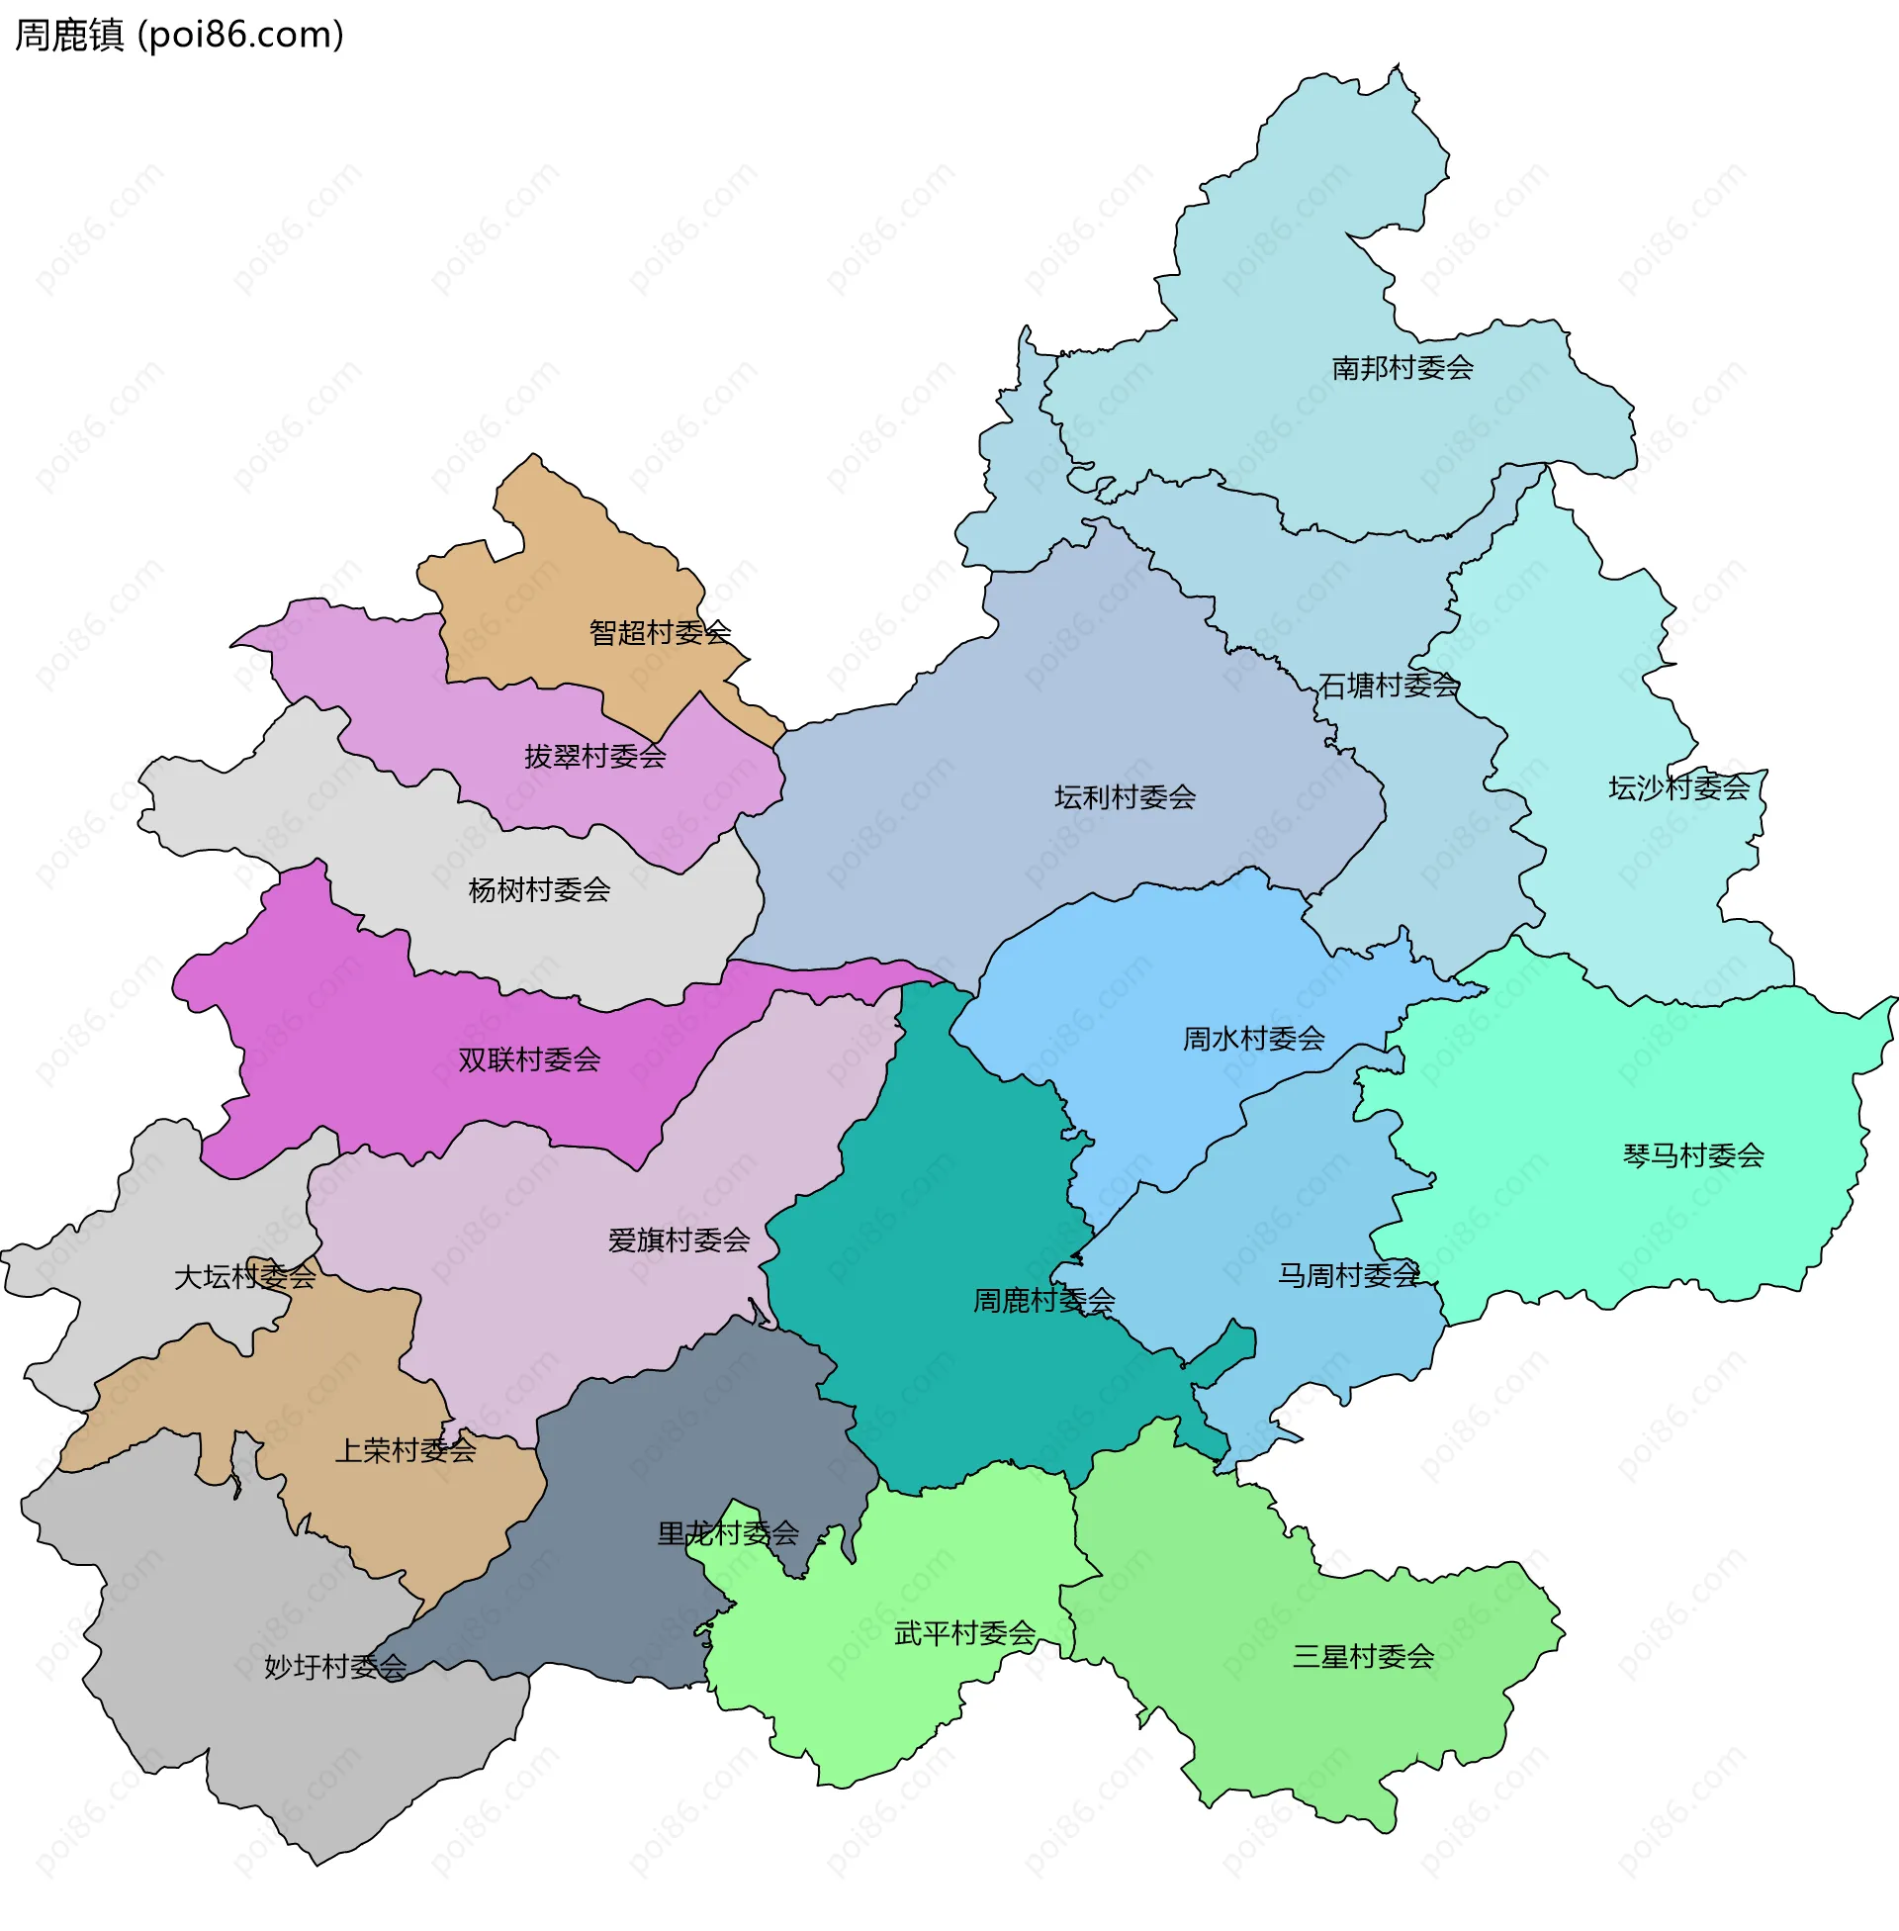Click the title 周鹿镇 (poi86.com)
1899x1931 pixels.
pos(180,36)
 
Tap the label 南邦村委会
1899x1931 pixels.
pos(1402,368)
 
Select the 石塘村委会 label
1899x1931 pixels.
pos(1389,686)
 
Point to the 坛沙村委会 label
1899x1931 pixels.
pos(1678,788)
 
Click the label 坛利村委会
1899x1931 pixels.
pos(1125,797)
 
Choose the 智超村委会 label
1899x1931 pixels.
pos(660,632)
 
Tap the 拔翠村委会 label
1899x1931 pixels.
pos(595,756)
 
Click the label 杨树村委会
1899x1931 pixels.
pos(539,889)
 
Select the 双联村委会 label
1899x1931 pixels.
pos(528,1059)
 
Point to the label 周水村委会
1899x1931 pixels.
pos(1254,1039)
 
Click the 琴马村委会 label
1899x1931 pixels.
pos(1693,1155)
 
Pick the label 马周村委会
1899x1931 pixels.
pos(1348,1275)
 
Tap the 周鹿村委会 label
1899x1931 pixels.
pos(1043,1300)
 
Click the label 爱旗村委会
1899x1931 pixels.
pos(678,1240)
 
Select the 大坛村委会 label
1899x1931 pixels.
pos(244,1277)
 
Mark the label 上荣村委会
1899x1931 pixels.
pos(405,1450)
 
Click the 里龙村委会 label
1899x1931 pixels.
pos(728,1533)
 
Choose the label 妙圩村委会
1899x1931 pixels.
pos(335,1667)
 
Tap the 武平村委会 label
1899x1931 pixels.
pos(964,1634)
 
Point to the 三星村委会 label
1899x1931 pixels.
pos(1363,1657)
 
